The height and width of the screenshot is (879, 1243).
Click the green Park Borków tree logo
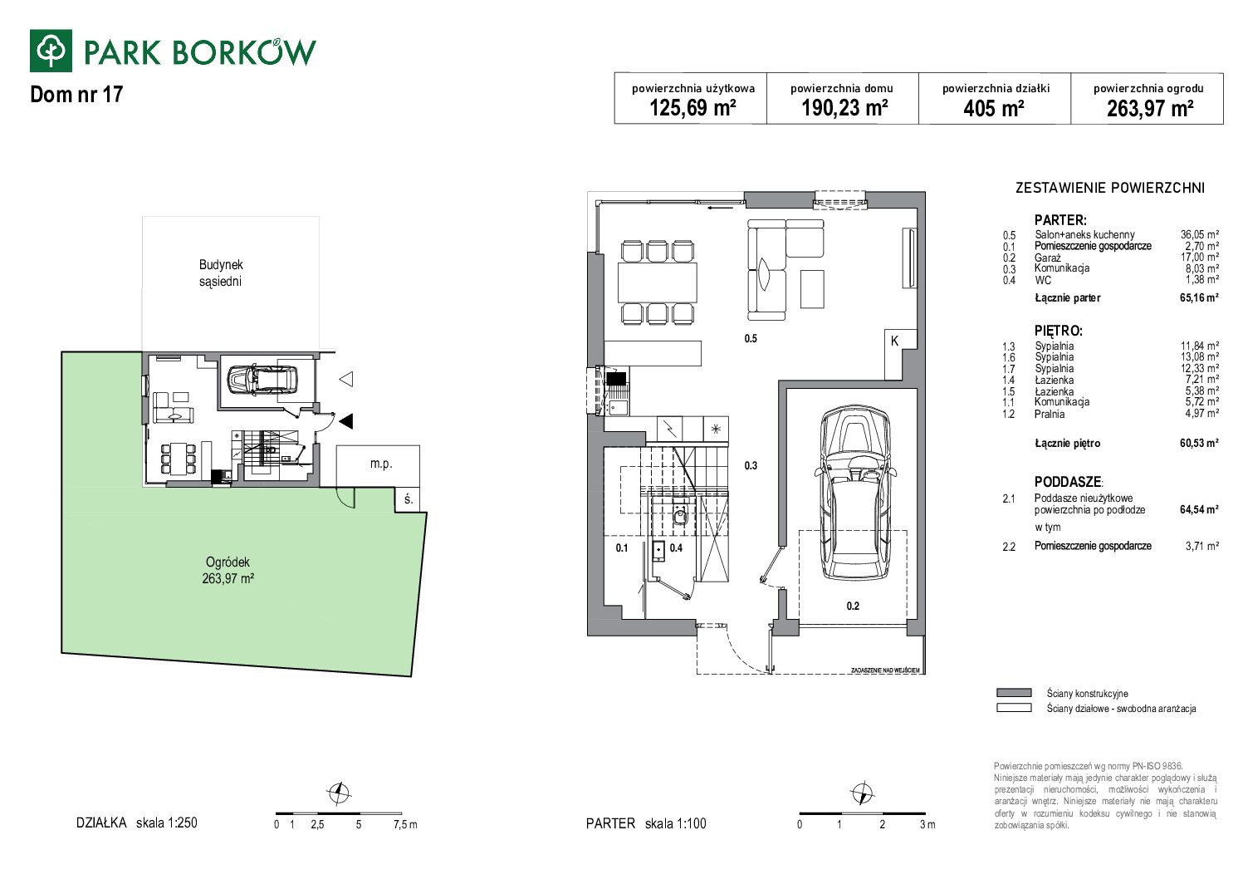click(51, 51)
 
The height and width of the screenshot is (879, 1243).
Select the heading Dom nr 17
click(76, 95)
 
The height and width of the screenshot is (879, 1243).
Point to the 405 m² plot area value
click(994, 108)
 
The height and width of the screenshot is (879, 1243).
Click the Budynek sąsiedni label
click(221, 273)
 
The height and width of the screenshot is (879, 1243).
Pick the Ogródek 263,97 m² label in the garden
click(228, 570)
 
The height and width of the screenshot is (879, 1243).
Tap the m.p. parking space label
click(381, 464)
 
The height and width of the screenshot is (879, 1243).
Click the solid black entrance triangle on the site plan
click(346, 421)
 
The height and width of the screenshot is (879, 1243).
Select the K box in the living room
click(894, 341)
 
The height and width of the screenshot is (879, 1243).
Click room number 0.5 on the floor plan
click(751, 339)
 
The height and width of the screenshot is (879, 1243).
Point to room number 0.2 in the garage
click(853, 606)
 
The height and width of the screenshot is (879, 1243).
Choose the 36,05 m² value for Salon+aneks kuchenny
click(1199, 235)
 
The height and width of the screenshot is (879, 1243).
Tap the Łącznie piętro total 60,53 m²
click(1199, 443)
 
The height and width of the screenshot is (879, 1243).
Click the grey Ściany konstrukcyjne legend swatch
click(1014, 693)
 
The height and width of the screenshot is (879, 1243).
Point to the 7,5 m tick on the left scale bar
click(405, 825)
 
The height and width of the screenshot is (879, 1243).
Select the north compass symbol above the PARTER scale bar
click(863, 793)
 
